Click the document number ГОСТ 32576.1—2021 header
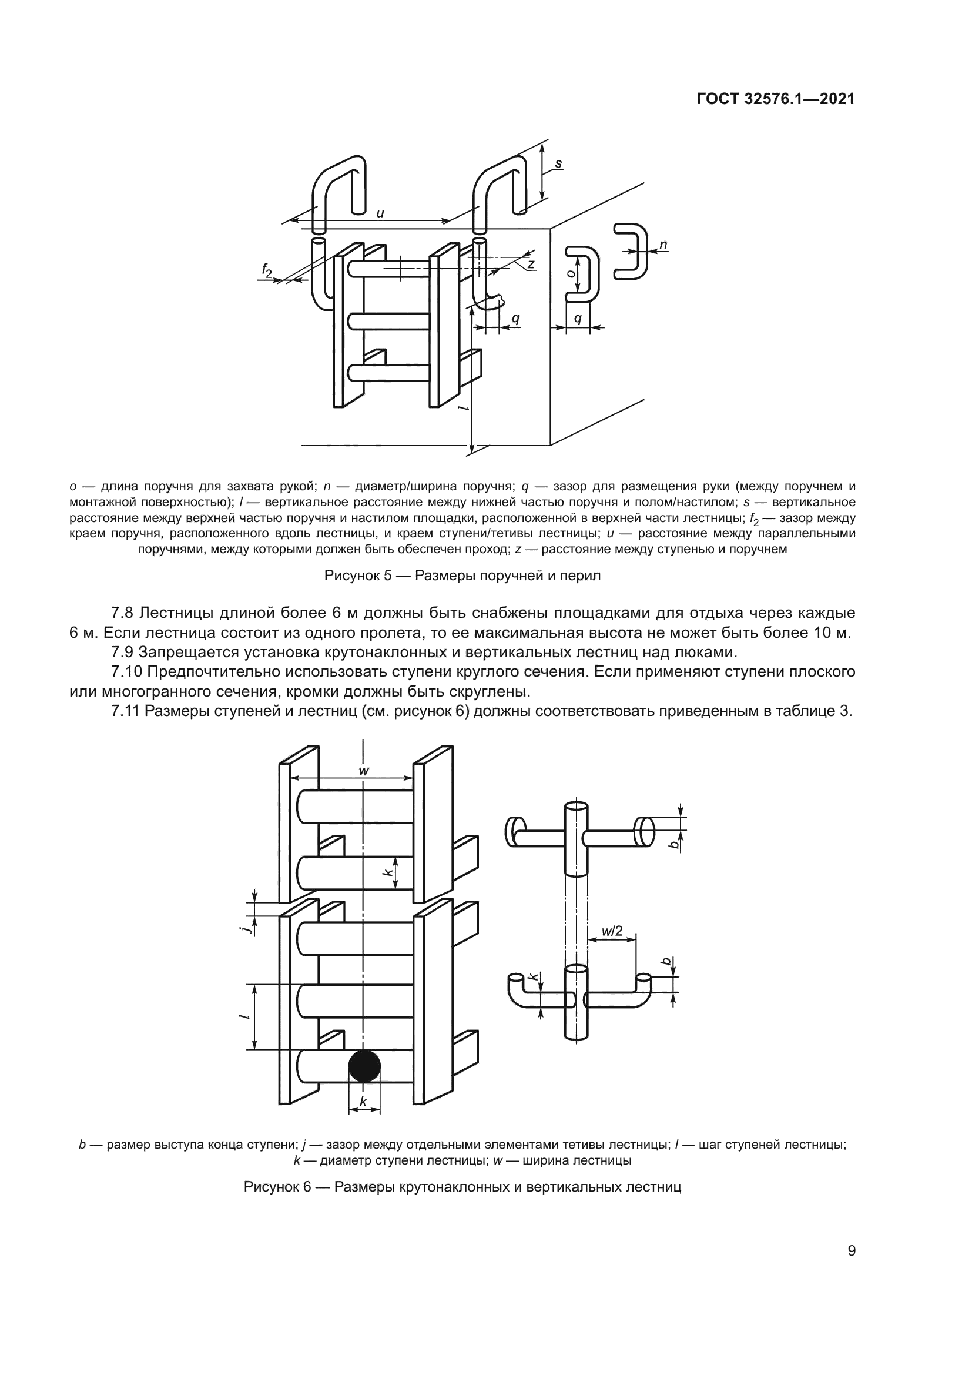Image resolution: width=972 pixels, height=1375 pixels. coord(776,99)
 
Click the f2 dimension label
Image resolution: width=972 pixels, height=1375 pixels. coord(267,270)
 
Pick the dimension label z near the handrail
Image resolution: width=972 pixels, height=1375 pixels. coord(530,263)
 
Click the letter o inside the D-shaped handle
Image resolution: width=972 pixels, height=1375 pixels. coord(572,273)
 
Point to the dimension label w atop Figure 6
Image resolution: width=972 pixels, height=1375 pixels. coord(363,771)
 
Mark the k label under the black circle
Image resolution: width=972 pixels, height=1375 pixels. coord(363,1100)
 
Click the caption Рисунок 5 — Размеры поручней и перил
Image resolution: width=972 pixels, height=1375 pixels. coord(462,576)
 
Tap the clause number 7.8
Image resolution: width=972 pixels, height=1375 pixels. coord(124,613)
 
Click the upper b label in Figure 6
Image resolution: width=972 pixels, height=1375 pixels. coord(674,844)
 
